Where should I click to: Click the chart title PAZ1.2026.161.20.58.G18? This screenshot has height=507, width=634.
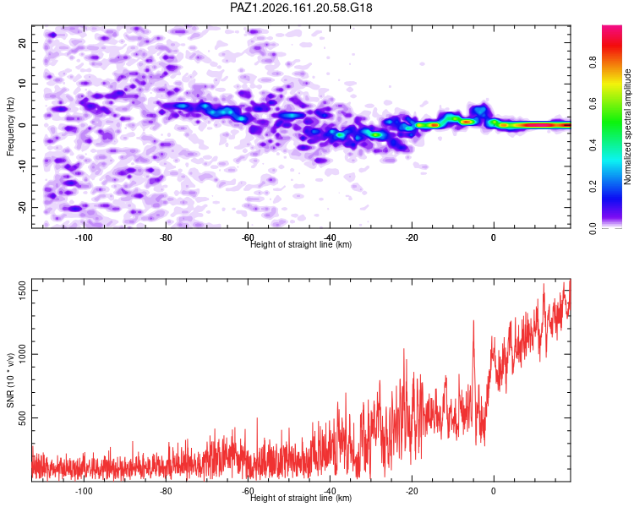click(x=301, y=8)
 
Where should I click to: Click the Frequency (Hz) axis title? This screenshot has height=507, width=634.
click(x=10, y=127)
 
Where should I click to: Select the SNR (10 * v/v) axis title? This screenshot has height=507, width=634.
click(x=10, y=380)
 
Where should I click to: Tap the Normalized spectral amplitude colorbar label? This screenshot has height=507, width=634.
click(x=627, y=127)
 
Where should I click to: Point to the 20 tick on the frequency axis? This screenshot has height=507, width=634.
click(x=22, y=42)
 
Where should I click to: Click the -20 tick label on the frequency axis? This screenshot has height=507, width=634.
click(x=22, y=207)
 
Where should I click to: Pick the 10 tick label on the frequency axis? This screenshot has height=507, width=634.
click(x=22, y=84)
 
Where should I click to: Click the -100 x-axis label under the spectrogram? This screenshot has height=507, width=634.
click(x=84, y=237)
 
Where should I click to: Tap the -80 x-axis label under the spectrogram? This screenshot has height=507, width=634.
click(x=166, y=237)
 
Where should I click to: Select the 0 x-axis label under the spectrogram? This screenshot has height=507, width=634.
click(x=494, y=237)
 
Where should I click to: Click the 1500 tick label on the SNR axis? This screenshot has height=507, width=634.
click(x=22, y=291)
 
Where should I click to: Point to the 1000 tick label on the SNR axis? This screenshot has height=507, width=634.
click(x=22, y=354)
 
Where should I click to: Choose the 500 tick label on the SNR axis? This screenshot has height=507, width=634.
click(x=22, y=417)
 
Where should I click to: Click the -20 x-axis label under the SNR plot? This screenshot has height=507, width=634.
click(x=412, y=491)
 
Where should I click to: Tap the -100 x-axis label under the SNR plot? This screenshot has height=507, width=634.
click(x=84, y=491)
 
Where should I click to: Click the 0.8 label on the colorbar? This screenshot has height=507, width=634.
click(x=593, y=63)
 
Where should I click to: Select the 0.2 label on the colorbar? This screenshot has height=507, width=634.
click(x=593, y=187)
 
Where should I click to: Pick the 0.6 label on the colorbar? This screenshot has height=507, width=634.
click(x=593, y=103)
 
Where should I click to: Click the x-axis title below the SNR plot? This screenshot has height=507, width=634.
click(x=301, y=498)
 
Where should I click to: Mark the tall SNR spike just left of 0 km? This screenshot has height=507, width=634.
click(x=473, y=321)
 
